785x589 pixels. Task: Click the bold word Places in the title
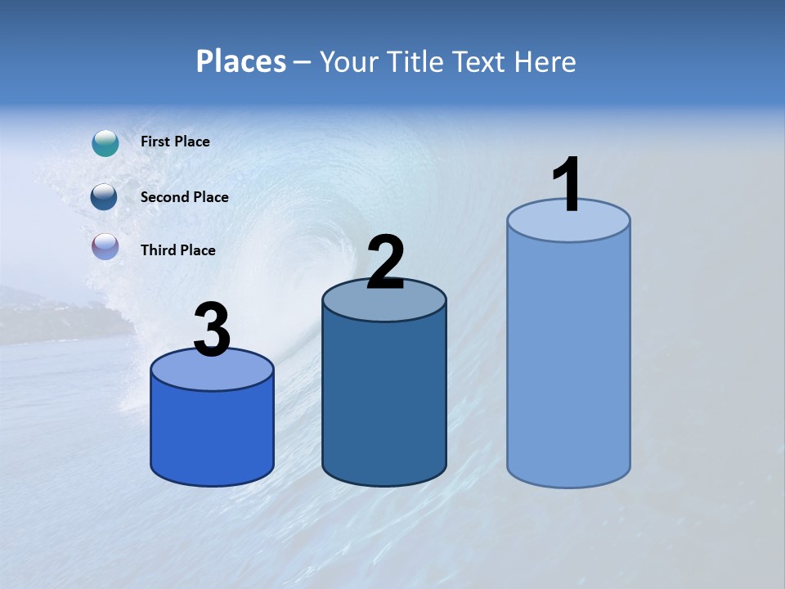click(241, 61)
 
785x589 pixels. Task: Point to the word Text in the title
click(478, 61)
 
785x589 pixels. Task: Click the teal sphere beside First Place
click(105, 143)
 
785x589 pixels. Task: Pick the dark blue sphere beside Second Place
click(104, 197)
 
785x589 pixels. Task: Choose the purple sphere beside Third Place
click(105, 247)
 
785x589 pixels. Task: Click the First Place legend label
click(175, 142)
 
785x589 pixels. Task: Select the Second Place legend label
click(184, 197)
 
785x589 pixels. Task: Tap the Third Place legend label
click(177, 250)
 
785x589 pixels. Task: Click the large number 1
click(567, 185)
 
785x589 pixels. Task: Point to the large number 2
click(385, 263)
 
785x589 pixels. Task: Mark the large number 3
click(212, 330)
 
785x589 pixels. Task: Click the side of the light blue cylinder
click(568, 360)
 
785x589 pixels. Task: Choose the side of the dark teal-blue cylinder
click(384, 401)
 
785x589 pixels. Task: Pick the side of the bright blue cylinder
click(212, 434)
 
